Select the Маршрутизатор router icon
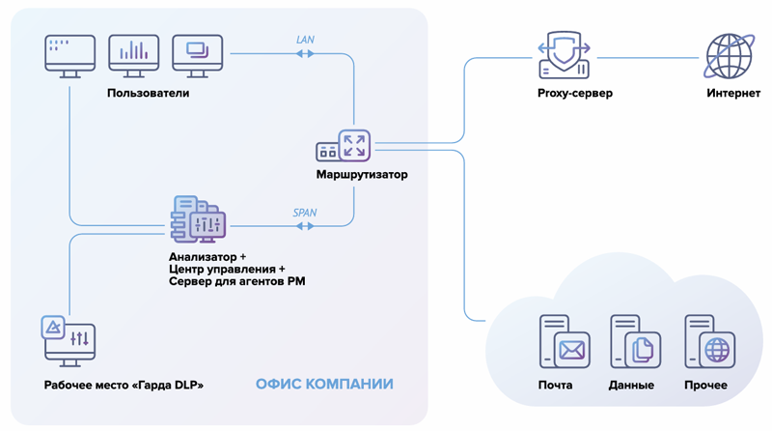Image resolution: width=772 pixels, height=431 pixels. (344, 146)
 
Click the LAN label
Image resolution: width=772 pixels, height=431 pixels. (305, 40)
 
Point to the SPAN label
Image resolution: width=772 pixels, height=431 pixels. (305, 213)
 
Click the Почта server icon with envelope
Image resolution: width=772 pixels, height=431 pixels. (564, 342)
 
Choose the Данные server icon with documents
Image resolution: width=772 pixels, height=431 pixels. (634, 342)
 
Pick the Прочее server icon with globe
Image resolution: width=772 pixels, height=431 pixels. (709, 342)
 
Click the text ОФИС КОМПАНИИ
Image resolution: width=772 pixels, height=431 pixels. (324, 385)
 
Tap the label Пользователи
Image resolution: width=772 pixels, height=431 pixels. (149, 94)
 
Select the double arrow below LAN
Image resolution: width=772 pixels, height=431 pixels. (305, 53)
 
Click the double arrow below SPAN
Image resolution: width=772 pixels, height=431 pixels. (305, 226)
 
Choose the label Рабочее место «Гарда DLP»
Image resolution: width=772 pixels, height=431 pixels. (124, 386)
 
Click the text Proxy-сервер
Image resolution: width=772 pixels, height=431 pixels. (575, 94)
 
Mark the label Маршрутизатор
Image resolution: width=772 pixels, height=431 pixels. (362, 175)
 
